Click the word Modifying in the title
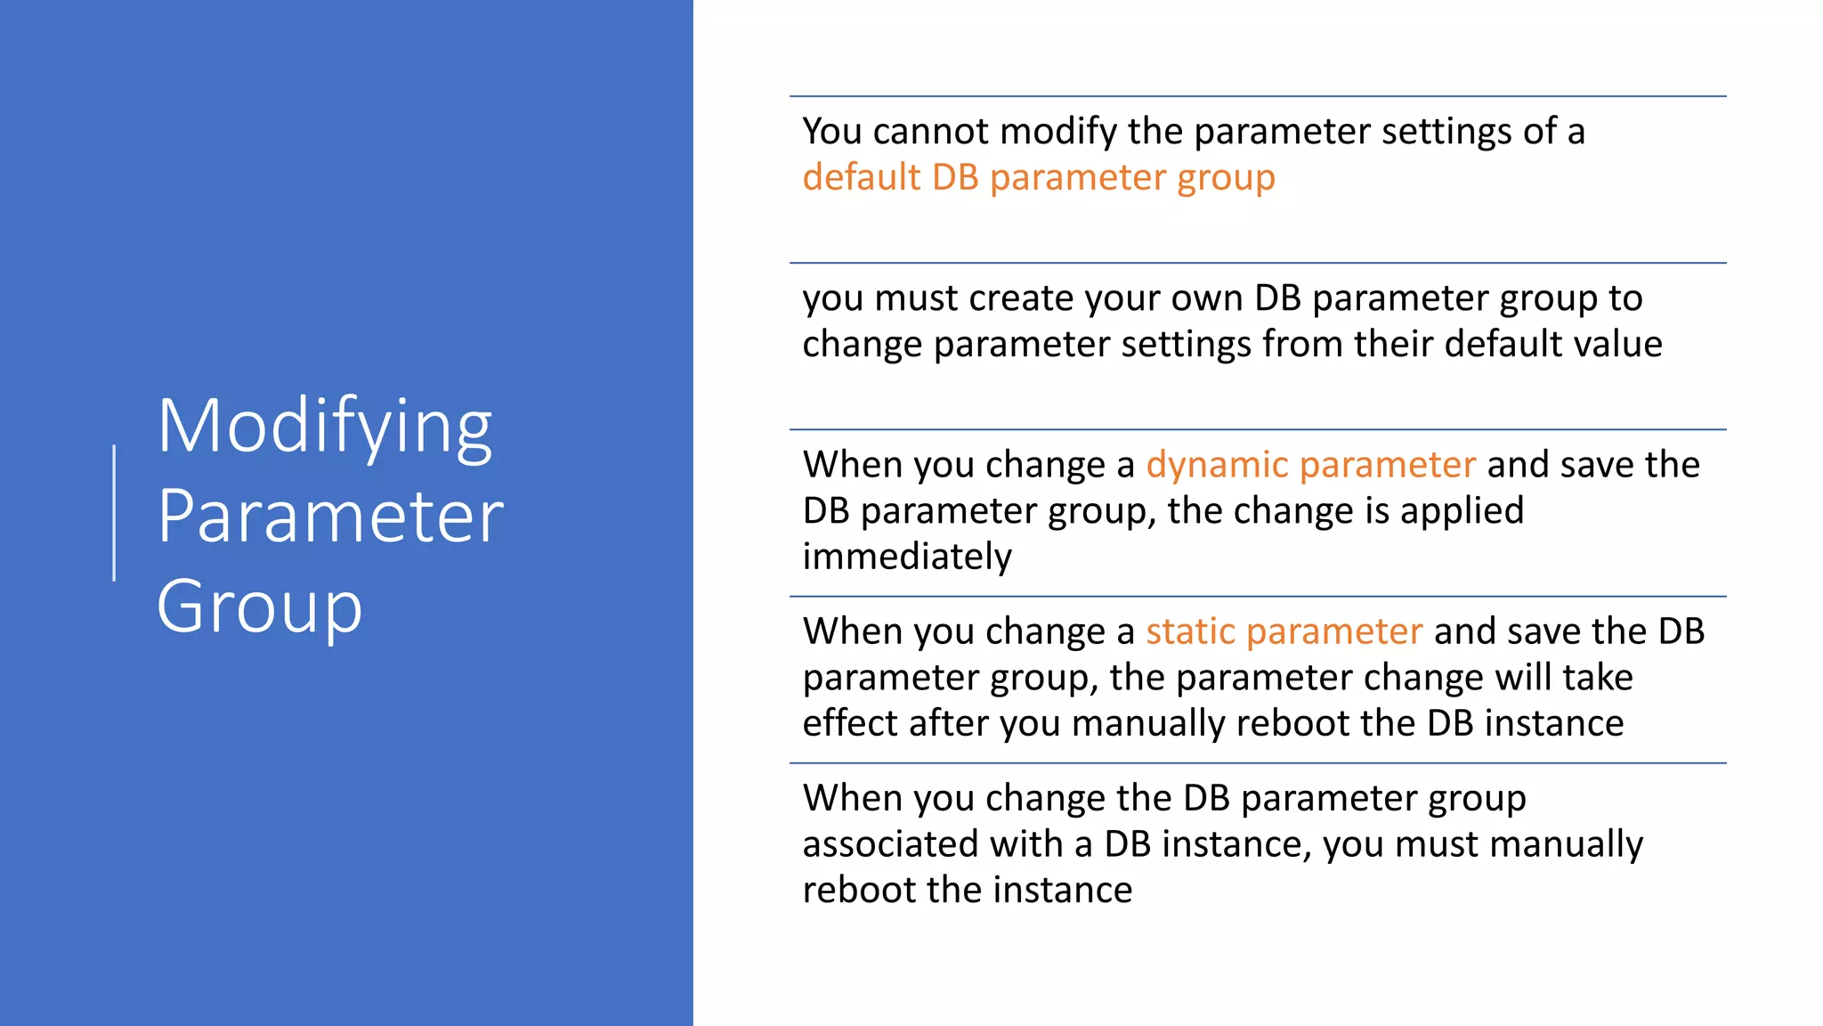click(x=324, y=427)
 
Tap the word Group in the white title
click(x=259, y=607)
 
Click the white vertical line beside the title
click(x=114, y=513)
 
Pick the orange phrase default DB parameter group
click(x=1038, y=177)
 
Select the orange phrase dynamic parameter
click(x=1310, y=465)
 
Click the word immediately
click(x=906, y=557)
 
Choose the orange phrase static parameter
click(x=1284, y=631)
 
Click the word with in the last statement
click(x=1025, y=844)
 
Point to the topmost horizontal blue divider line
click(x=1257, y=96)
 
